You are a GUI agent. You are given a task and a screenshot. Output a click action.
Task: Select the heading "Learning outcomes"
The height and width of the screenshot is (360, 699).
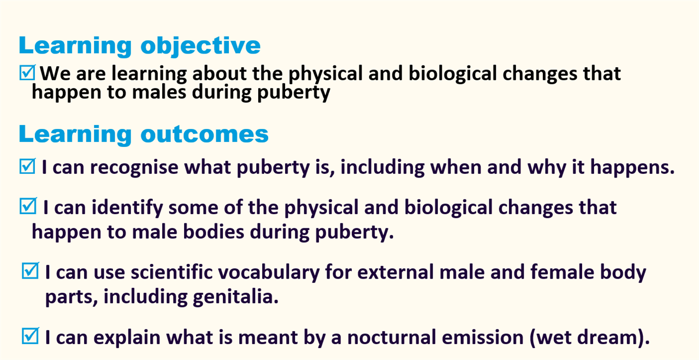pos(144,134)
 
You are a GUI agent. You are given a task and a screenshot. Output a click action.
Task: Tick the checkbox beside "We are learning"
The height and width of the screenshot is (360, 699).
pos(27,73)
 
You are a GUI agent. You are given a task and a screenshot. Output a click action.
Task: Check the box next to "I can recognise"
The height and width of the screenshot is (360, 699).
pos(27,166)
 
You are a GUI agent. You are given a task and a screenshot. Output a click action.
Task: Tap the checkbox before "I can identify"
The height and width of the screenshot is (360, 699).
pos(28,206)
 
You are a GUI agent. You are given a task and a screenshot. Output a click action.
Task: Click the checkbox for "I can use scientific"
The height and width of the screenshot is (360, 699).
pos(30,270)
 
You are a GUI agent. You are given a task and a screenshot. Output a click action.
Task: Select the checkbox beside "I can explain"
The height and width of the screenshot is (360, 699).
pos(30,336)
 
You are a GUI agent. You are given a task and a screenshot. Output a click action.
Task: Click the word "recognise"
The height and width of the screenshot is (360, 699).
pos(134,168)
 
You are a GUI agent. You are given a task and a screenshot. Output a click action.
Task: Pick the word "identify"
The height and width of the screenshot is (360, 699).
pos(127,208)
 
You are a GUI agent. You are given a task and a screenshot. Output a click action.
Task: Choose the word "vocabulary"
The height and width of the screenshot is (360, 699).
pos(269,273)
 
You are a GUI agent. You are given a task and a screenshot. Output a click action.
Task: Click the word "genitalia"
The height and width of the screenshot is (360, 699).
pos(235,297)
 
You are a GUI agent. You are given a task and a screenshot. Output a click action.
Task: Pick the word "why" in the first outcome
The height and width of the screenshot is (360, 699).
pos(547,168)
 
